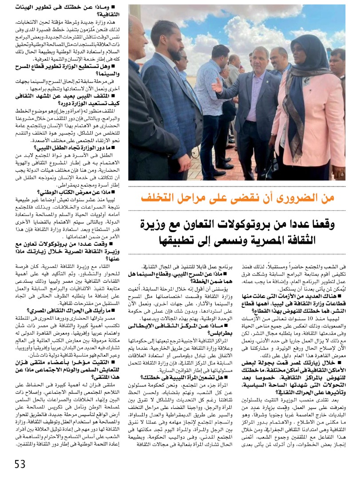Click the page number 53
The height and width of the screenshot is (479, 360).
(x=20, y=464)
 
